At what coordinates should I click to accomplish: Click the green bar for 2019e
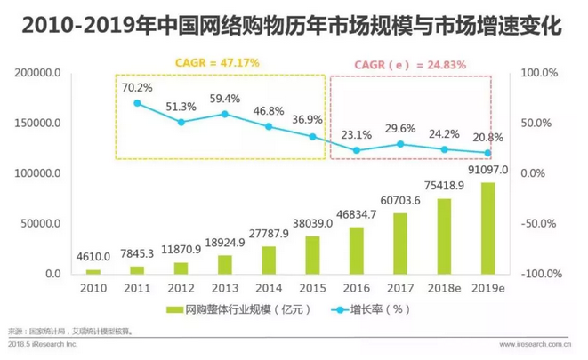487,228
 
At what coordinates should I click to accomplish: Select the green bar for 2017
399,244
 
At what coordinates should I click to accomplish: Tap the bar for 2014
269,260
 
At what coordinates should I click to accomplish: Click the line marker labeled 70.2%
137,103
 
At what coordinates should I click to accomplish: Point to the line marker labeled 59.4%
225,114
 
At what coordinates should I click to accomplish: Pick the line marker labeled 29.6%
399,144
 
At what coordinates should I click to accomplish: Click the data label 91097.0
487,170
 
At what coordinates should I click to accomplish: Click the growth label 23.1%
356,135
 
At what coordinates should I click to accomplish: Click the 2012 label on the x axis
181,289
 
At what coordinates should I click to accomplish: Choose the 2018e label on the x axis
443,289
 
